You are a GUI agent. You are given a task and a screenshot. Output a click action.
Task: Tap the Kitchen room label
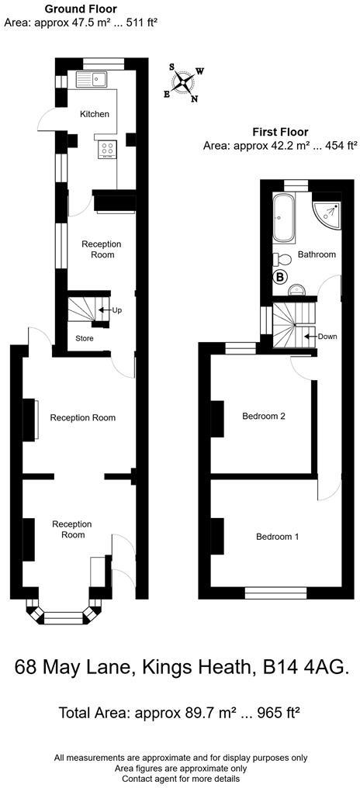point(95,114)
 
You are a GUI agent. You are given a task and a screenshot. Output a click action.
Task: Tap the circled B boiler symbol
point(280,276)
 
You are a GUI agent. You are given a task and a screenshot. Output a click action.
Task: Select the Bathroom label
point(317,254)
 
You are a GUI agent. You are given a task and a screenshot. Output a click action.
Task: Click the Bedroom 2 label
point(264,416)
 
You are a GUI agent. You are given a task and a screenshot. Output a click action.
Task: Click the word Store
point(84,338)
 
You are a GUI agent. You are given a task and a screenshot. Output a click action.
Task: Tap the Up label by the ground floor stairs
point(116,310)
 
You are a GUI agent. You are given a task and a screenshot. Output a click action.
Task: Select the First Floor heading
point(280,132)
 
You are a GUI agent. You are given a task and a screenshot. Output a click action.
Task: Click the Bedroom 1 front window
point(276,595)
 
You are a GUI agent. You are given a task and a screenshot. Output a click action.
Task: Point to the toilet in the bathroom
point(282,259)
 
